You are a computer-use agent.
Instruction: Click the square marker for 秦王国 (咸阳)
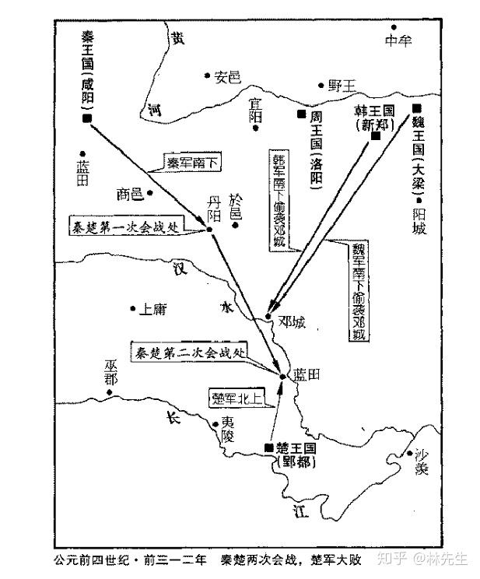tap(86, 118)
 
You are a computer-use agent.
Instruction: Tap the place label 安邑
tap(228, 76)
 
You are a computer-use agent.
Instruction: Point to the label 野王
tap(341, 86)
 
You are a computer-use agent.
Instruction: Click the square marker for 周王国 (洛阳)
tap(300, 114)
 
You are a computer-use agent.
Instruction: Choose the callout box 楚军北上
tap(232, 397)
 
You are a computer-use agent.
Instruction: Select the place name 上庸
tap(152, 309)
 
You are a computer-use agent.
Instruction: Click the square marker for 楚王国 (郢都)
tap(268, 447)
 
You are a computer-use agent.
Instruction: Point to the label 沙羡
tap(422, 463)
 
